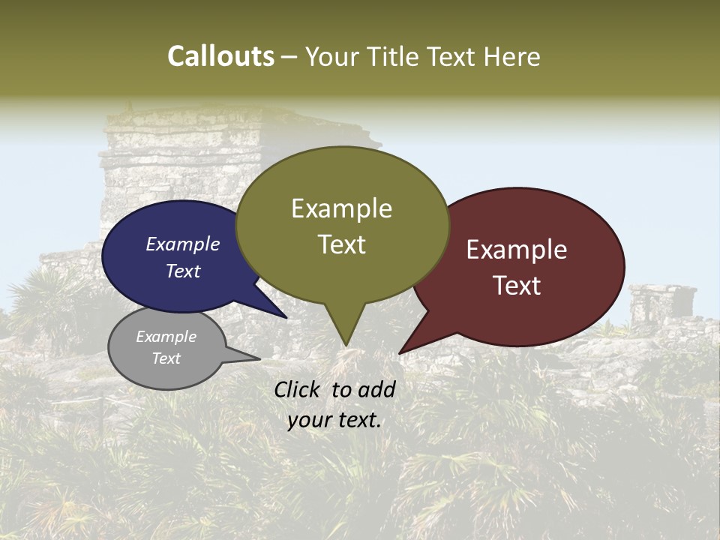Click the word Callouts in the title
(220, 56)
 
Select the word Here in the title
(513, 56)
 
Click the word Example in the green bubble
(341, 208)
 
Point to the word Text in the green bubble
(341, 244)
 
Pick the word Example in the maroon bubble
(517, 250)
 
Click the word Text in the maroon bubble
(517, 286)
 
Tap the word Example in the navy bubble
(183, 244)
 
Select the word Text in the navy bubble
(183, 271)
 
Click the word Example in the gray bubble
(166, 337)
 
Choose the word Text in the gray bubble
(166, 358)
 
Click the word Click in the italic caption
(298, 389)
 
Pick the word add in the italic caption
(377, 389)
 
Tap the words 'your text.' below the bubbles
(334, 420)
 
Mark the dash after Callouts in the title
(289, 57)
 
